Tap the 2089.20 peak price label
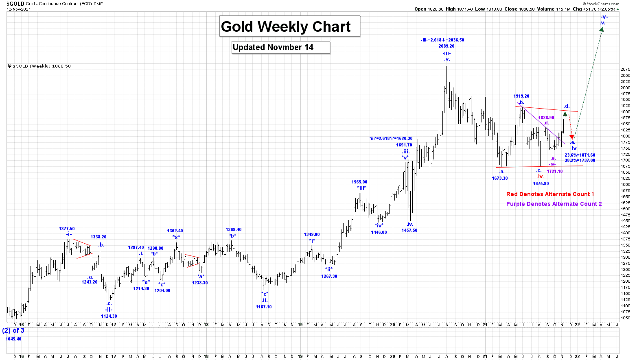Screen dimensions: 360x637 pyautogui.click(x=447, y=46)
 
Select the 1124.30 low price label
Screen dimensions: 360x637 pyautogui.click(x=109, y=316)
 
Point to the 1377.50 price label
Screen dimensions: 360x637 pyautogui.click(x=67, y=229)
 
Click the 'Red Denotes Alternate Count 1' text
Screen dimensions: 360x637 pyautogui.click(x=550, y=194)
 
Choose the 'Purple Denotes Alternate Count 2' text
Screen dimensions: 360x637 pyautogui.click(x=554, y=204)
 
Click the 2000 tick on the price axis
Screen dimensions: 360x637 pyautogui.click(x=625, y=88)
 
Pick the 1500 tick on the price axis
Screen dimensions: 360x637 pyautogui.click(x=625, y=209)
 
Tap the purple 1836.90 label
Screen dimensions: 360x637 pyautogui.click(x=546, y=118)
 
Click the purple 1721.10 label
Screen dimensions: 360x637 pyautogui.click(x=554, y=172)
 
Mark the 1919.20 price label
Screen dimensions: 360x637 pyautogui.click(x=521, y=96)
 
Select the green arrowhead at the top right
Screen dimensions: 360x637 pyautogui.click(x=601, y=30)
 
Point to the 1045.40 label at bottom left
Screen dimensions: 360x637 pyautogui.click(x=13, y=339)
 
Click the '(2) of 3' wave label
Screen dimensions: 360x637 pyautogui.click(x=13, y=331)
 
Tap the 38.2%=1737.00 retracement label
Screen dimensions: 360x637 pyautogui.click(x=580, y=161)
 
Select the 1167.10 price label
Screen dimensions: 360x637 pyautogui.click(x=264, y=307)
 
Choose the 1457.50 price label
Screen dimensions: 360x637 pyautogui.click(x=409, y=230)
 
